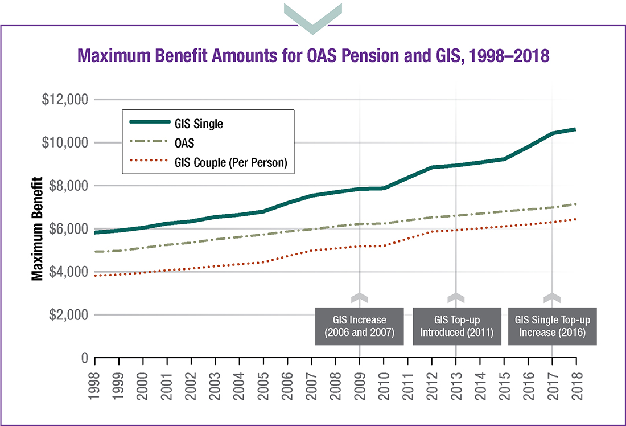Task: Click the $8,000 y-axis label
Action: point(67,186)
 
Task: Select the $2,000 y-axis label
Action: point(67,315)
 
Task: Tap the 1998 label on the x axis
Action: point(95,385)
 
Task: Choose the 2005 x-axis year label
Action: point(263,385)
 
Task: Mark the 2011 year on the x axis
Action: point(408,385)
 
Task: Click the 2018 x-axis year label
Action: point(576,385)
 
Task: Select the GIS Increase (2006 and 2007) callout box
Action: point(360,326)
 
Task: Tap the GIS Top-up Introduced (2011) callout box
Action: point(456,326)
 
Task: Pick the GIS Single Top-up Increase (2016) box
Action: point(552,326)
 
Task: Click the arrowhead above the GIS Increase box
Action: point(360,297)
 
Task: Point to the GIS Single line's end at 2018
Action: point(576,129)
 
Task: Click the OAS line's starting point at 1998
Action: point(96,251)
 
